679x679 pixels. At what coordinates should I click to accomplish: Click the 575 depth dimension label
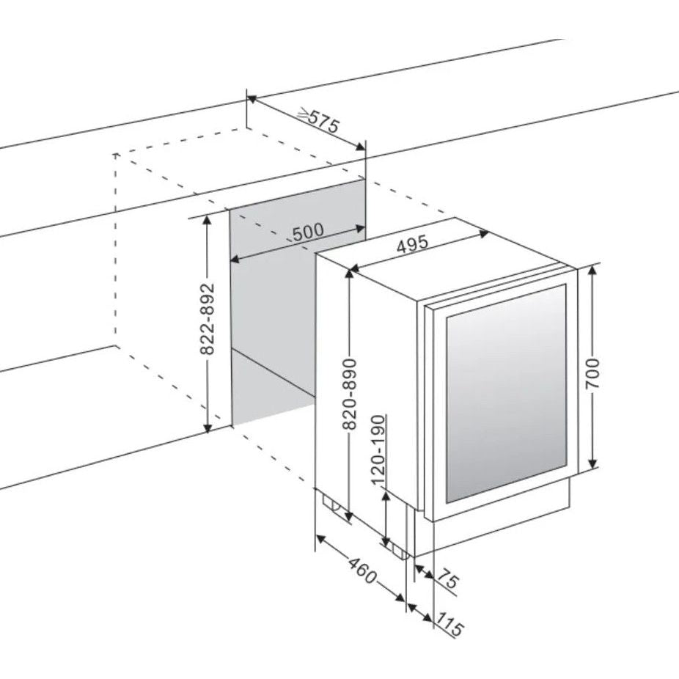click(324, 122)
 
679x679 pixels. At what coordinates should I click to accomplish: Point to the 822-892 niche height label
click(208, 319)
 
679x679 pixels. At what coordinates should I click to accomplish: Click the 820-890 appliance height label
click(349, 394)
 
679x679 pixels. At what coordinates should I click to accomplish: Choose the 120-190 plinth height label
click(378, 450)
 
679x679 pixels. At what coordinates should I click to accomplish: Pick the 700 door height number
click(592, 374)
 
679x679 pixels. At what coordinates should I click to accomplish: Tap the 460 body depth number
click(363, 570)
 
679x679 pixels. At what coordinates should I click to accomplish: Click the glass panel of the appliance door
click(506, 393)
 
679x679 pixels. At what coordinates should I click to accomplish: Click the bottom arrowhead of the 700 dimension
click(593, 463)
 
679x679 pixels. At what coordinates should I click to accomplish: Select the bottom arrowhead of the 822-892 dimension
click(208, 427)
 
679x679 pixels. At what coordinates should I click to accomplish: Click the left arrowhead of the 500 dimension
click(235, 260)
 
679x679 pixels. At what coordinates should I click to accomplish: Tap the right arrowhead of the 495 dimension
click(484, 234)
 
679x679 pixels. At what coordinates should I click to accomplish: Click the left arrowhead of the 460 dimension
click(321, 539)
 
